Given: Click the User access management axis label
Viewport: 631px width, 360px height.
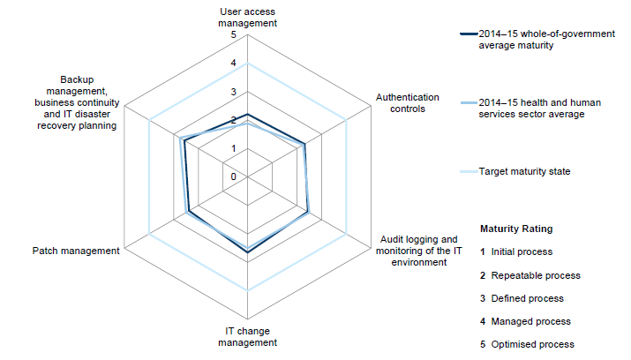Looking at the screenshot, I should [247, 17].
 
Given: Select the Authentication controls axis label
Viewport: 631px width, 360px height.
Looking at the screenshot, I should [401, 103].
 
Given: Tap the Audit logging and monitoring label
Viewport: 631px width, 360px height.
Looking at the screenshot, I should [419, 251].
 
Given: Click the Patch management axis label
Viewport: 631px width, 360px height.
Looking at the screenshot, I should [76, 251].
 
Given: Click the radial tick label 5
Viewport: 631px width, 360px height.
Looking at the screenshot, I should [234, 35].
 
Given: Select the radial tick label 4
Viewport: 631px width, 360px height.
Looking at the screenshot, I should [234, 64].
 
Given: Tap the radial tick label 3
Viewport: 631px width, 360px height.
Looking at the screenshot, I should [234, 92].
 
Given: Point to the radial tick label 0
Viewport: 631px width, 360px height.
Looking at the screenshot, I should [234, 176].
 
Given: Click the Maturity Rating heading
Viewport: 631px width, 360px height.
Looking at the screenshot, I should [516, 229].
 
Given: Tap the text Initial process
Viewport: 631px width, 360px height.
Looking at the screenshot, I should [522, 251].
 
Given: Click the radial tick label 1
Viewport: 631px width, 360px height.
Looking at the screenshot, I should [234, 148].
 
